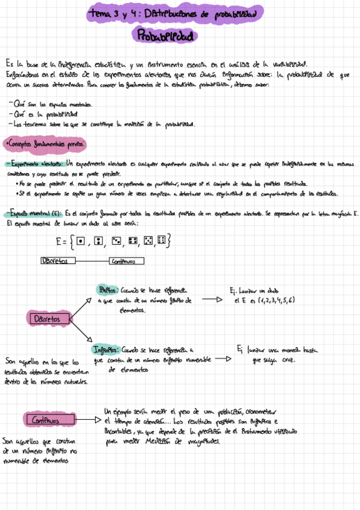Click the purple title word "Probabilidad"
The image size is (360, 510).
tap(166, 37)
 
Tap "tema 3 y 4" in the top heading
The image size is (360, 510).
tap(113, 12)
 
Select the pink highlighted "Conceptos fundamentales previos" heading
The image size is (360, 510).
tap(45, 144)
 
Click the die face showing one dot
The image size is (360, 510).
tap(81, 241)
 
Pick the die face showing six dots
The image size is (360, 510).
tap(161, 241)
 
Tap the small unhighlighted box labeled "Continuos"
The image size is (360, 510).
tap(126, 261)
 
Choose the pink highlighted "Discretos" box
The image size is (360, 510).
tap(48, 318)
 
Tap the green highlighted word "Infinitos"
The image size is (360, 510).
tap(106, 349)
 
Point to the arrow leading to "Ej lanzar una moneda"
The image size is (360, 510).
tap(223, 359)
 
